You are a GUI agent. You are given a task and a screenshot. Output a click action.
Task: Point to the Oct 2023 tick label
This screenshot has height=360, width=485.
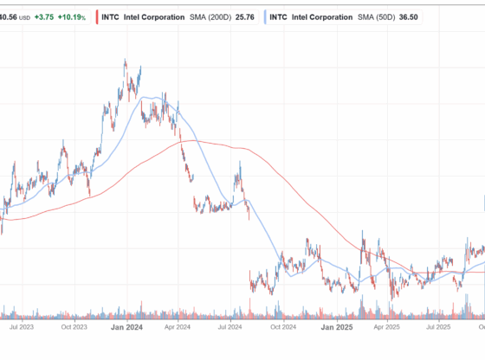(75, 327)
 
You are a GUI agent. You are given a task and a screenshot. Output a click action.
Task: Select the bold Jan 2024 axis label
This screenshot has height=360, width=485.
(128, 327)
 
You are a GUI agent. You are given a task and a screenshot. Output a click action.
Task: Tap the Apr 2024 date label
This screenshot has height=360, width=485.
(178, 327)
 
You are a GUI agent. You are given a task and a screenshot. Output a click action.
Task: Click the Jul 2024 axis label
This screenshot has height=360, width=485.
(230, 327)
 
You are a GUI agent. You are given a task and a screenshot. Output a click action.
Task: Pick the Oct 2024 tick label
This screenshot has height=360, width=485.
(281, 327)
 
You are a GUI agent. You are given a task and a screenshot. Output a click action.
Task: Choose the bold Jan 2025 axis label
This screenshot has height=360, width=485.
(335, 327)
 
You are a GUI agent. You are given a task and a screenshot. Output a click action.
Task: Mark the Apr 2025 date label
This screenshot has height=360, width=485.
(385, 327)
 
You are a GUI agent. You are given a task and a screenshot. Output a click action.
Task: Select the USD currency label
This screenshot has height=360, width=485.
(24, 16)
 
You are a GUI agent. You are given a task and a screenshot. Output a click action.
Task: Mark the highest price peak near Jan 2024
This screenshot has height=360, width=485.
(125, 61)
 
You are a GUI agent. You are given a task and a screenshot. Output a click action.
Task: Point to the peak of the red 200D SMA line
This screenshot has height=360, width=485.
(192, 141)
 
